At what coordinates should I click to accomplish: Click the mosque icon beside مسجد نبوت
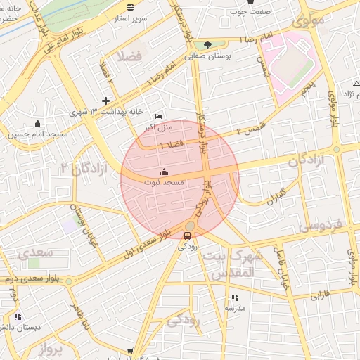(165, 172)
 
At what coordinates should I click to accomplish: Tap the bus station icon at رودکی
(187, 236)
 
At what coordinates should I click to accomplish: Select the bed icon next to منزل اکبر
(159, 116)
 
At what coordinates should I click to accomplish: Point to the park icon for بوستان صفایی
(207, 46)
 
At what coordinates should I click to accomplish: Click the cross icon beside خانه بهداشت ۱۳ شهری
(106, 101)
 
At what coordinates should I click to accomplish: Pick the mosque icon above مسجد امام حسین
(37, 124)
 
